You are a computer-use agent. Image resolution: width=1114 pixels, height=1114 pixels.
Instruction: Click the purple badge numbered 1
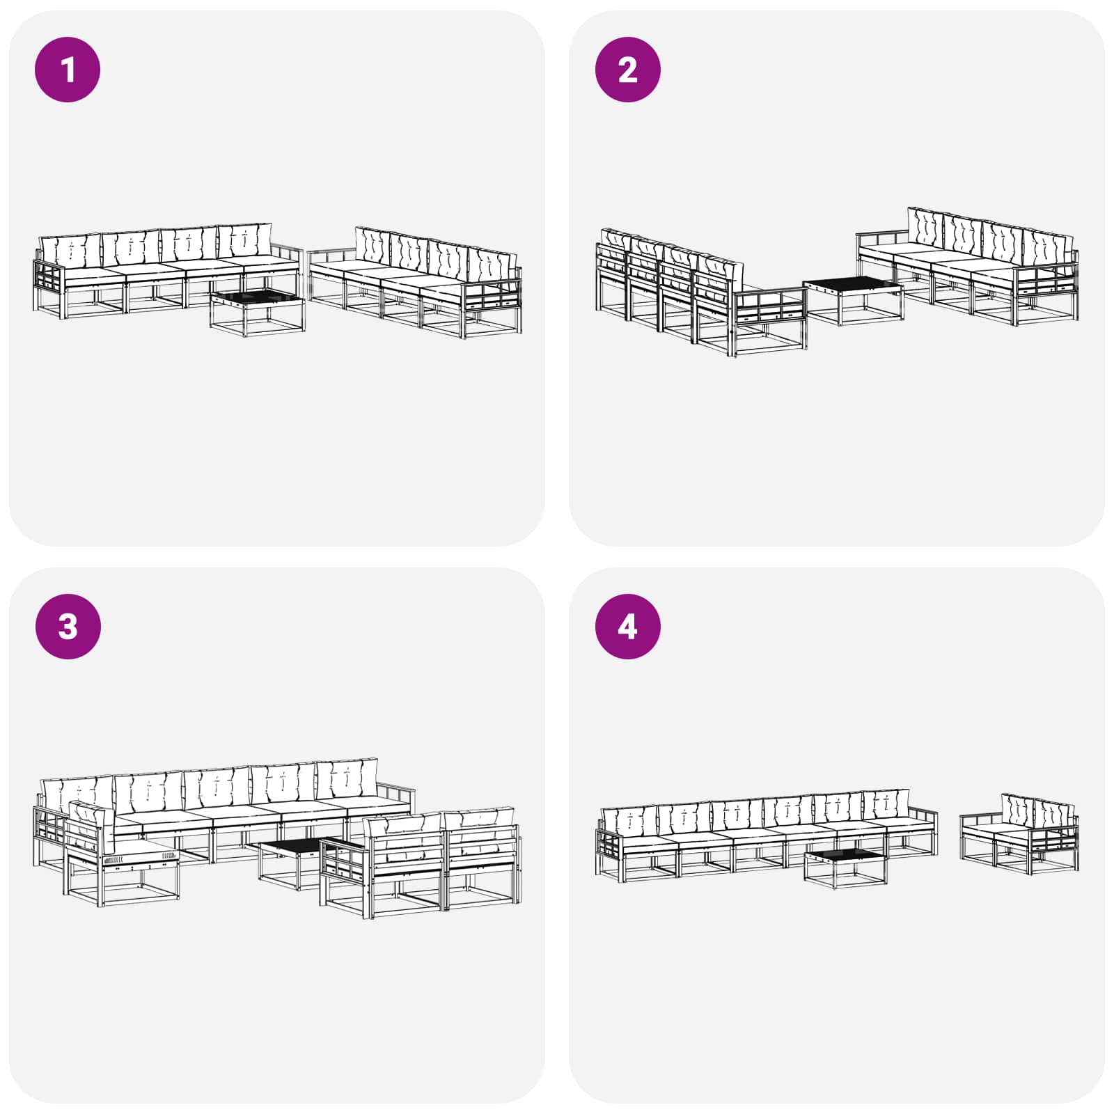coord(68,70)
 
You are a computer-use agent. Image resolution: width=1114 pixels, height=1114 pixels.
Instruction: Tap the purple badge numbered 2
coord(627,70)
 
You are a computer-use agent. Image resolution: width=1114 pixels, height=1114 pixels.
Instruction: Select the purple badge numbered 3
coord(68,627)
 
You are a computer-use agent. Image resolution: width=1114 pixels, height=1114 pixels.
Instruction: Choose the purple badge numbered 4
coord(627,627)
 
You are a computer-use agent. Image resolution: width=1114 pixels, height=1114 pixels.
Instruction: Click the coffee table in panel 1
coord(258,314)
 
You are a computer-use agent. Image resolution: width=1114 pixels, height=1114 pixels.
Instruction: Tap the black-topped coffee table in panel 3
coord(296,863)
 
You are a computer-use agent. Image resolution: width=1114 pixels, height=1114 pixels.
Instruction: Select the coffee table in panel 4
coord(845,868)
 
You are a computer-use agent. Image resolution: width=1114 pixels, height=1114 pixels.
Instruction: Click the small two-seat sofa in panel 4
coord(1019,833)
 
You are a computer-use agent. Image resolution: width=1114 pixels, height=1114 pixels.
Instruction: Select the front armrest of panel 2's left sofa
coord(769,320)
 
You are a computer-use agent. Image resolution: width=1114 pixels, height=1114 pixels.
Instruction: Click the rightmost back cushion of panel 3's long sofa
coord(347,780)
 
